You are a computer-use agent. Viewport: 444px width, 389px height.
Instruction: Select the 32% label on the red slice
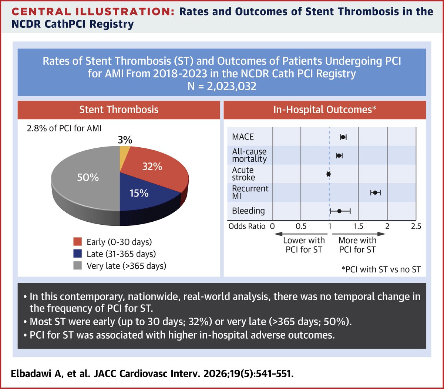[x=152, y=167]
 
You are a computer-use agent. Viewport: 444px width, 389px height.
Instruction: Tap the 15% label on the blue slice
[x=139, y=193]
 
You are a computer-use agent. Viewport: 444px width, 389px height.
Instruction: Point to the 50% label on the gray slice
[x=88, y=178]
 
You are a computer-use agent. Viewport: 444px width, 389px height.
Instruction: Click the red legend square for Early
[x=77, y=242]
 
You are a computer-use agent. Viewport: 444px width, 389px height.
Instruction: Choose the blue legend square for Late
[x=77, y=254]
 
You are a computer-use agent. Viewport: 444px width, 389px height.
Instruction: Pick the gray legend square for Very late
[x=77, y=266]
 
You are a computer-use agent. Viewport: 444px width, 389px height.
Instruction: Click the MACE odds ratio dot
[x=343, y=137]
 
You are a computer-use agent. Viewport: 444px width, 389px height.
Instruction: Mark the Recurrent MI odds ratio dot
[x=375, y=192]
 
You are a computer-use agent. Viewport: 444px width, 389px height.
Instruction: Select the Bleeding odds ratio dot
[x=339, y=211]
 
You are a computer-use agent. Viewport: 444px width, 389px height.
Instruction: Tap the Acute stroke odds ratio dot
[x=329, y=174]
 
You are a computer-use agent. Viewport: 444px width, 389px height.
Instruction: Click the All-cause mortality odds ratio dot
[x=339, y=156]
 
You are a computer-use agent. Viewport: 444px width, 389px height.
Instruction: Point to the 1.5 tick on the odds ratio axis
[x=358, y=226]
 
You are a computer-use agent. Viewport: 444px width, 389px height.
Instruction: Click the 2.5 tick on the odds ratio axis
[x=416, y=226]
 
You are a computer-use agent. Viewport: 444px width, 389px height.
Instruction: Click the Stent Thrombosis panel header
[x=119, y=110]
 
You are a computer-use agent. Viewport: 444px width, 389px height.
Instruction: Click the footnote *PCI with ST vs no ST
[x=381, y=269]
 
